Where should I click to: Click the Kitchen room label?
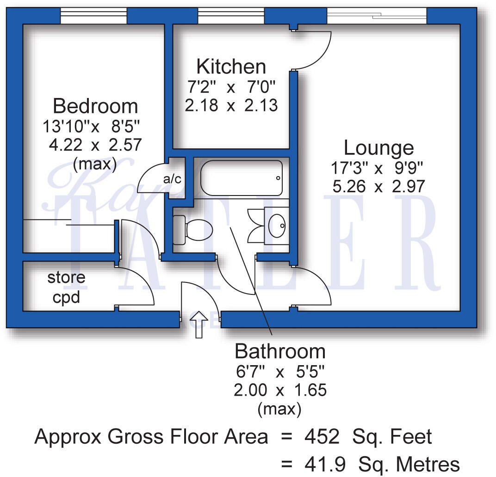click(x=231, y=67)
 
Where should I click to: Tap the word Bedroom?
click(x=95, y=106)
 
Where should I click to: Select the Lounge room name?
click(x=378, y=148)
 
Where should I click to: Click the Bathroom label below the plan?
click(x=280, y=352)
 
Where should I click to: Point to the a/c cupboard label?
click(x=173, y=179)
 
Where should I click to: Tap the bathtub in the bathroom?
click(x=241, y=178)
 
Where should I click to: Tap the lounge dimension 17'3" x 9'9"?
click(x=377, y=167)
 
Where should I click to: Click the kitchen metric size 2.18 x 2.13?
click(x=231, y=105)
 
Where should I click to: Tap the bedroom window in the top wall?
click(x=94, y=16)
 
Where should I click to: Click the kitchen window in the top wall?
click(x=231, y=16)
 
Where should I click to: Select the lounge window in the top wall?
click(x=377, y=16)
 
